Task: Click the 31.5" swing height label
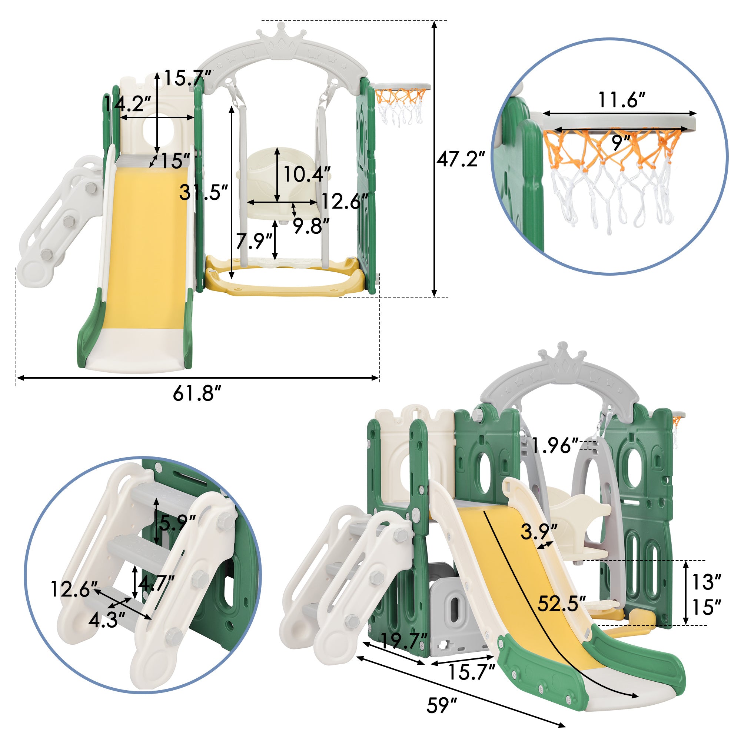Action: (x=204, y=192)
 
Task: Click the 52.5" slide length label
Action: (x=561, y=603)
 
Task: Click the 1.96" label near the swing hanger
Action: (x=555, y=446)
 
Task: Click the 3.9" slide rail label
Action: (x=539, y=532)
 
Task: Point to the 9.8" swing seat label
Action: (x=312, y=226)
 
